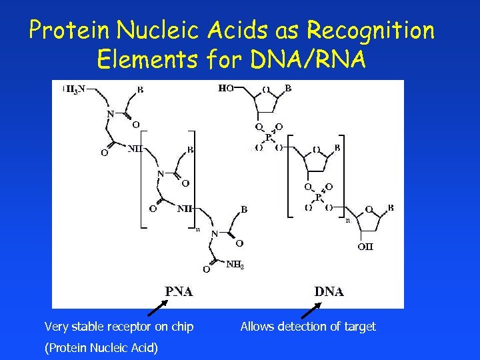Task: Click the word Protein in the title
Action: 71,31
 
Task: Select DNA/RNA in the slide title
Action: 309,60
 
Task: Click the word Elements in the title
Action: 147,60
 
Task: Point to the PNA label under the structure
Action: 179,291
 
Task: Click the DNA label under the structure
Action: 329,291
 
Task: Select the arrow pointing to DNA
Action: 311,309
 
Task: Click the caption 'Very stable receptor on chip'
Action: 119,327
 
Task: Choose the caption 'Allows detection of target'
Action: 308,327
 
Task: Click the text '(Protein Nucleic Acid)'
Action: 101,347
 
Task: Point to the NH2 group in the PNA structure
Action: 235,265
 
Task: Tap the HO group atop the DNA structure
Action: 226,88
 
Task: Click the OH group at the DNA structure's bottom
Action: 365,247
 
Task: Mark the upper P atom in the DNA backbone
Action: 269,137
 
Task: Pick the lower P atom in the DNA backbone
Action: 318,197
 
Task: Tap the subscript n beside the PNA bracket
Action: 197,229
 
